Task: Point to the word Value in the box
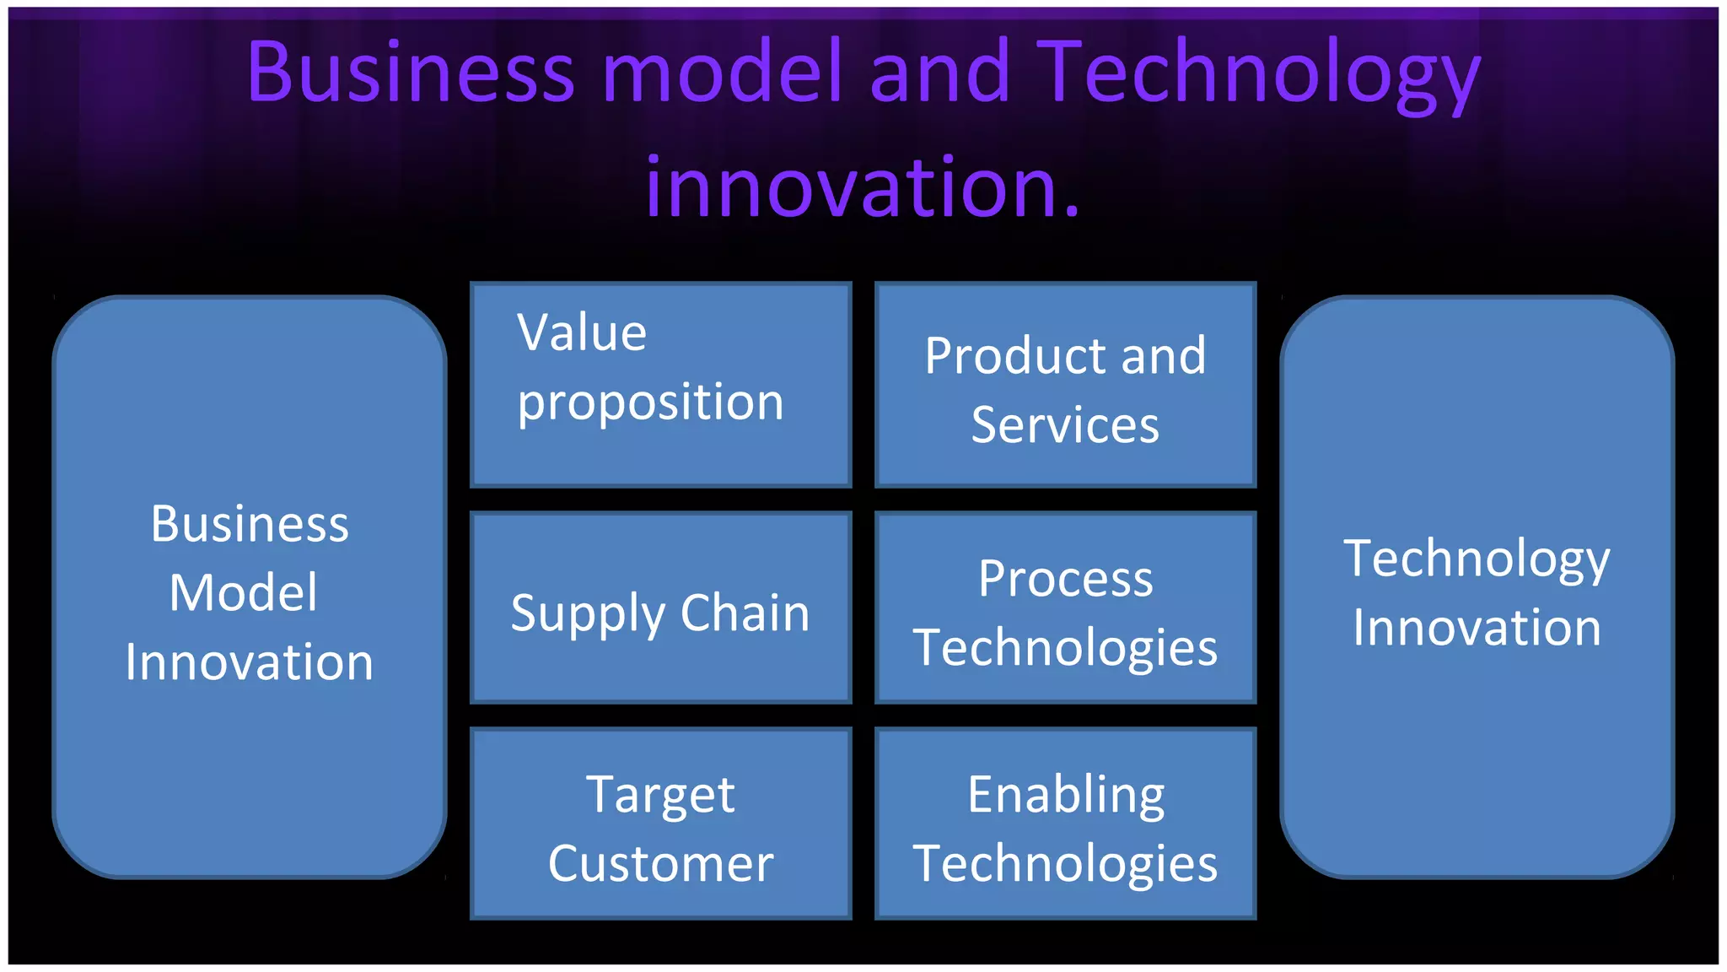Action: coord(582,332)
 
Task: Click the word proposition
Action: coord(650,403)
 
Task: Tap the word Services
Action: coord(1065,424)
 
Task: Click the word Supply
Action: coord(588,614)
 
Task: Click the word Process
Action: coord(1065,579)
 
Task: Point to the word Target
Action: coord(660,796)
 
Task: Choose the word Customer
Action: coord(660,864)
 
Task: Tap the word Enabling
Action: coord(1066,796)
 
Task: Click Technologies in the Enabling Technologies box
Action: coord(1065,865)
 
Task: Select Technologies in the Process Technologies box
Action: coord(1065,649)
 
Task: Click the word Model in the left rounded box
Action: coord(244,592)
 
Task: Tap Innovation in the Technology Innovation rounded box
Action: coord(1477,628)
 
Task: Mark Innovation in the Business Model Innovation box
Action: coord(249,662)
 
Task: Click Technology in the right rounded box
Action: coord(1477,560)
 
